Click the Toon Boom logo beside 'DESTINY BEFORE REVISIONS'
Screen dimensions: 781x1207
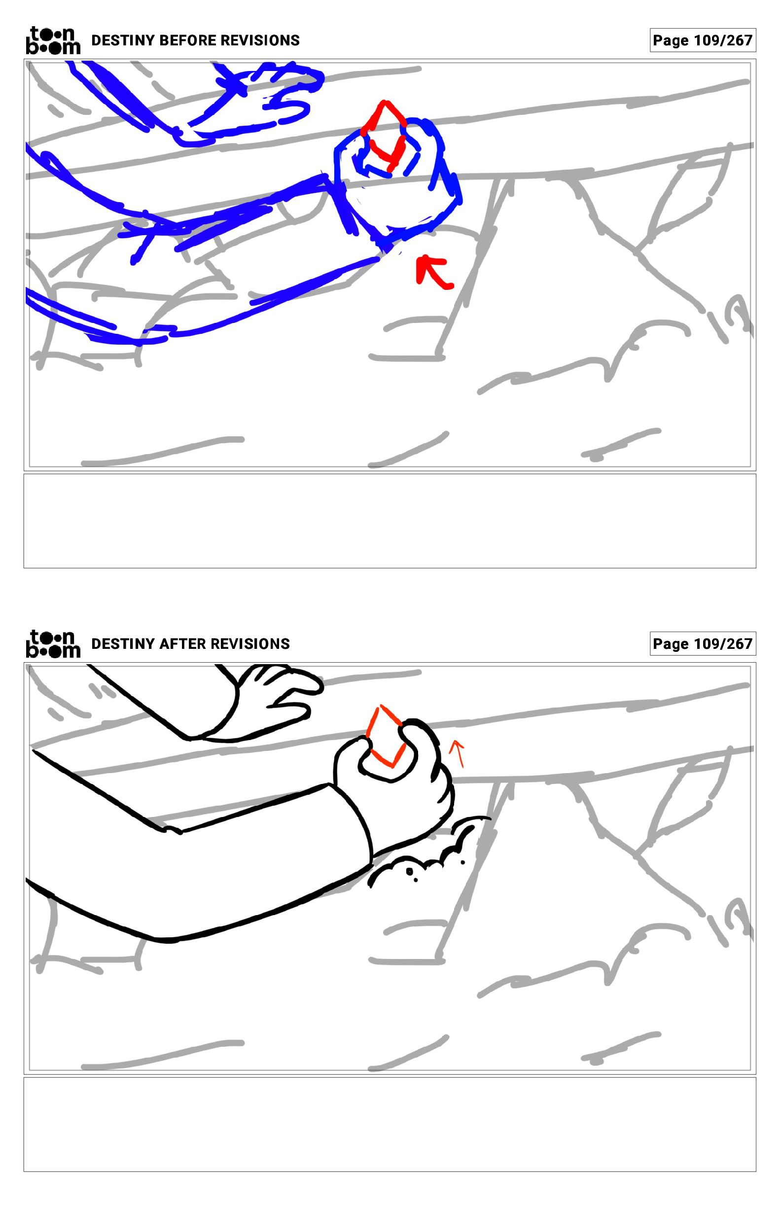click(x=53, y=40)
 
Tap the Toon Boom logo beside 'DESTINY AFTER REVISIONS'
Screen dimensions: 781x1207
click(x=53, y=643)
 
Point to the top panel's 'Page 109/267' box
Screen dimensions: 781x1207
click(x=703, y=40)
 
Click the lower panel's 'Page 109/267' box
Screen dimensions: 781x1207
click(x=703, y=643)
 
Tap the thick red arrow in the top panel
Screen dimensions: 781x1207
click(x=432, y=273)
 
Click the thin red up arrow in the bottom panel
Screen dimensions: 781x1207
click(x=458, y=752)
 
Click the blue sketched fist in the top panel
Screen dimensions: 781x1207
click(x=398, y=180)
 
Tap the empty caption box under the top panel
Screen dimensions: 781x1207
click(x=390, y=521)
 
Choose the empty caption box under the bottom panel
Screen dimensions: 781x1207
click(x=390, y=1124)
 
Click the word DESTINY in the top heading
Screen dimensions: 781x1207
click(x=123, y=40)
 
